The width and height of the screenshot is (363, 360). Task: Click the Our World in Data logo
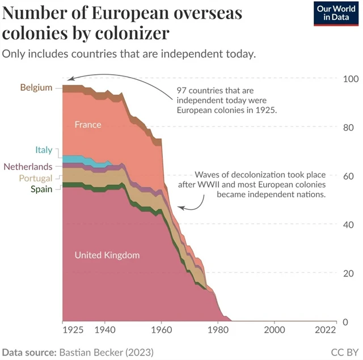pos(335,13)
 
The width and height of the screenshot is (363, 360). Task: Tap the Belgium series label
pos(36,87)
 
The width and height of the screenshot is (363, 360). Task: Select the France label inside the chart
pos(88,125)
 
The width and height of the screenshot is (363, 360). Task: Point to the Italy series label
pos(44,150)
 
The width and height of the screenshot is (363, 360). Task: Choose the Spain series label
pos(41,189)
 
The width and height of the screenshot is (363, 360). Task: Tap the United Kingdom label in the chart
pos(107,255)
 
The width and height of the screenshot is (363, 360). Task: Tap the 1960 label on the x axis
pos(162,329)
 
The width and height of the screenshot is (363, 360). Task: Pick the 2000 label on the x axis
pos(275,329)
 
